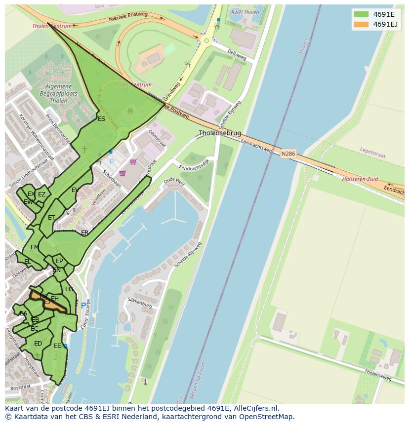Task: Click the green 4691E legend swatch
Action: pos(361,14)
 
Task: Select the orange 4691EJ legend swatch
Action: pos(361,24)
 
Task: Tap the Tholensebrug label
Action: pos(220,133)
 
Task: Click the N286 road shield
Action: pos(288,154)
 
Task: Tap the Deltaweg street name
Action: pos(237,54)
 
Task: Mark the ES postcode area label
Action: pos(101,119)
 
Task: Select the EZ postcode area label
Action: pos(41,194)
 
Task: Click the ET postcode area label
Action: pos(51,218)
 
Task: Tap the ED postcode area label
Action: pos(38,344)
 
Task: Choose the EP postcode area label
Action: pos(59,261)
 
